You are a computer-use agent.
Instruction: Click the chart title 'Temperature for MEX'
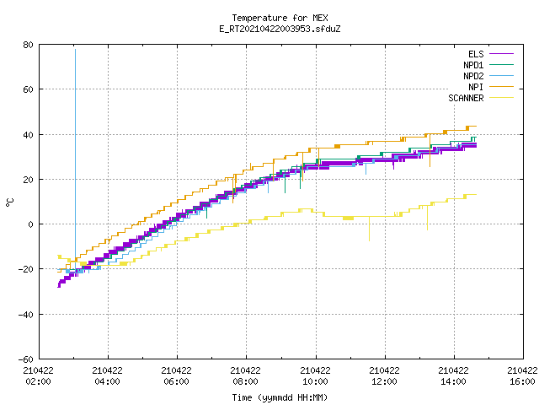tap(280, 18)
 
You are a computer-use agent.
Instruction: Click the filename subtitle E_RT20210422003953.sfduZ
tap(280, 29)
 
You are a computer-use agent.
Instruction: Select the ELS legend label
tap(476, 54)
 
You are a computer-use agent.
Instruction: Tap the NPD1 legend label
tap(473, 65)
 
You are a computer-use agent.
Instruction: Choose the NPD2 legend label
tap(473, 76)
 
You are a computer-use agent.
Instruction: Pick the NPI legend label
tap(476, 87)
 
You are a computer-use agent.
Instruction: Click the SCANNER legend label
tap(466, 98)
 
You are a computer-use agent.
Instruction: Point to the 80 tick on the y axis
tap(29, 45)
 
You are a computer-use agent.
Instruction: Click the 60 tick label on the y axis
tap(29, 89)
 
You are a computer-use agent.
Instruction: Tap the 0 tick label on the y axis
tap(31, 224)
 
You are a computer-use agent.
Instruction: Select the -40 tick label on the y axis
tap(26, 315)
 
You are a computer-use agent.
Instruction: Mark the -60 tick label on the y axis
tap(26, 359)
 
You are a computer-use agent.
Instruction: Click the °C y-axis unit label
tap(9, 202)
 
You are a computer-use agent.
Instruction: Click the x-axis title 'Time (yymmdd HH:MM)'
tap(280, 397)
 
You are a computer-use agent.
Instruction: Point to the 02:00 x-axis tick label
tap(38, 381)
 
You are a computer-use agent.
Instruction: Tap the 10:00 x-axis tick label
tap(315, 381)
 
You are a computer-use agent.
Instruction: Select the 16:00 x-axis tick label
tap(522, 381)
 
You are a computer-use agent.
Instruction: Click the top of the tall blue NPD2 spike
tap(75, 50)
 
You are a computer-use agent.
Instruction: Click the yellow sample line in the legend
tap(501, 98)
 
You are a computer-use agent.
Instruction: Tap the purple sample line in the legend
tap(501, 54)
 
